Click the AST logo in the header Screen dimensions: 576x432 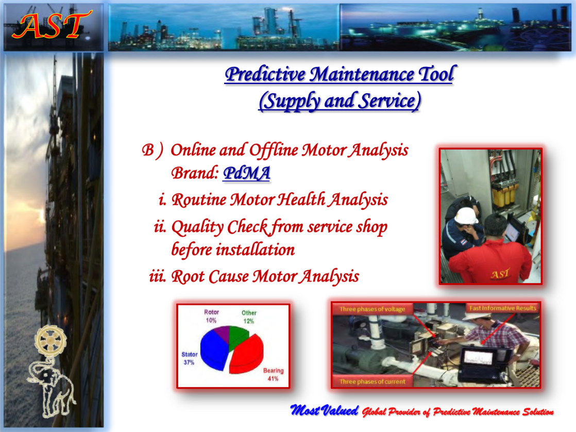coord(52,26)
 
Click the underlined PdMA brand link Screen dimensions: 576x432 coord(246,173)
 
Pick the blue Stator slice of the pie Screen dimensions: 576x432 coord(214,350)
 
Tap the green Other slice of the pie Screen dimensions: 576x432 coord(238,337)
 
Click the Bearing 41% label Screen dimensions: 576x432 coord(273,375)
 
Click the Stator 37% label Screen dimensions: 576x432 coord(190,358)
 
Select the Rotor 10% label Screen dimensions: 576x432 coord(211,316)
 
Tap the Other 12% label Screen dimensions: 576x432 coord(249,317)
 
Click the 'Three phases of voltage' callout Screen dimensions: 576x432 coord(372,309)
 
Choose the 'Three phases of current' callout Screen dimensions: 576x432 coord(372,381)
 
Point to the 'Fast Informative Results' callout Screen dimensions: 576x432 coord(502,308)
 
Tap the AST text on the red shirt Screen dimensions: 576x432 coord(500,274)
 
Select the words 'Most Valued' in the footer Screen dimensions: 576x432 coord(324,410)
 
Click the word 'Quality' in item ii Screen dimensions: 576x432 coord(197,227)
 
